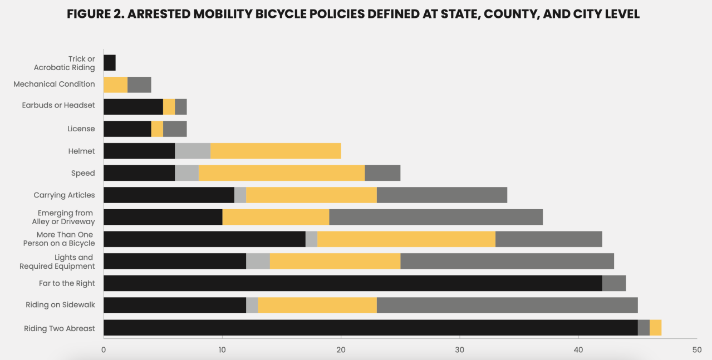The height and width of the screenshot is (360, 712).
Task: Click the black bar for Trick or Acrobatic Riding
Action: click(110, 63)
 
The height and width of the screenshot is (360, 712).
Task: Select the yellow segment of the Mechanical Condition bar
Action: click(115, 85)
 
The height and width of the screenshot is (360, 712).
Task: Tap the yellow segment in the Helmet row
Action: click(276, 151)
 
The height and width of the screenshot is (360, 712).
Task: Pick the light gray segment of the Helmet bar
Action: click(193, 151)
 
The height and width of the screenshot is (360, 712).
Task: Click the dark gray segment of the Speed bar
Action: click(382, 173)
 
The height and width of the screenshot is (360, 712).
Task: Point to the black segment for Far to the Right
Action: click(352, 283)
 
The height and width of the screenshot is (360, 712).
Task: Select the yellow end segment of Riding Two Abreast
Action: click(655, 328)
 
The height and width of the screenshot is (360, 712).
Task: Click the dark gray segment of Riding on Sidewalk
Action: click(507, 305)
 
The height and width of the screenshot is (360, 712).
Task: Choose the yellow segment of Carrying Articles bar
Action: click(311, 195)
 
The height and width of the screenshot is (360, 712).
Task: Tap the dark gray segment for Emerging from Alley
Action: click(436, 217)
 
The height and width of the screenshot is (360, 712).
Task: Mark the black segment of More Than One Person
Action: click(204, 239)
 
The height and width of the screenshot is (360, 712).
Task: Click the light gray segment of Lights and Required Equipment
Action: click(258, 261)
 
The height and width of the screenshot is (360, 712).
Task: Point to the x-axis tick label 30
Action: click(460, 350)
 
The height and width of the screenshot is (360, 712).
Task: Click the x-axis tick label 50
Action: click(697, 350)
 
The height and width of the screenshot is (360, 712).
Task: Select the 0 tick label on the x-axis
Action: click(104, 350)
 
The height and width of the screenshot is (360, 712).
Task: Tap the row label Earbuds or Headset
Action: click(58, 106)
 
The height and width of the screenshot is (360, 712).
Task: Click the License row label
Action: click(81, 129)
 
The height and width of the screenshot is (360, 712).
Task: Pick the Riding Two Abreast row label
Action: click(59, 328)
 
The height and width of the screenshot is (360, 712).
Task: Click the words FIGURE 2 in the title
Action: click(94, 15)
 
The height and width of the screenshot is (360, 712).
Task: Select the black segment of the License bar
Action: click(127, 129)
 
